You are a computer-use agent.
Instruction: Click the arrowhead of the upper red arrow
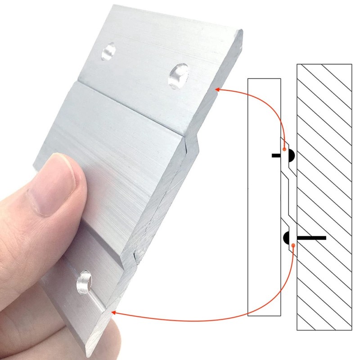click(218, 89)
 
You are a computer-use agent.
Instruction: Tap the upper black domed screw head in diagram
click(290, 156)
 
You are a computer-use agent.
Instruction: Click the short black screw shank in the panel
click(277, 156)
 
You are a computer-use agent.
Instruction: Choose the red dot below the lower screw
click(293, 245)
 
